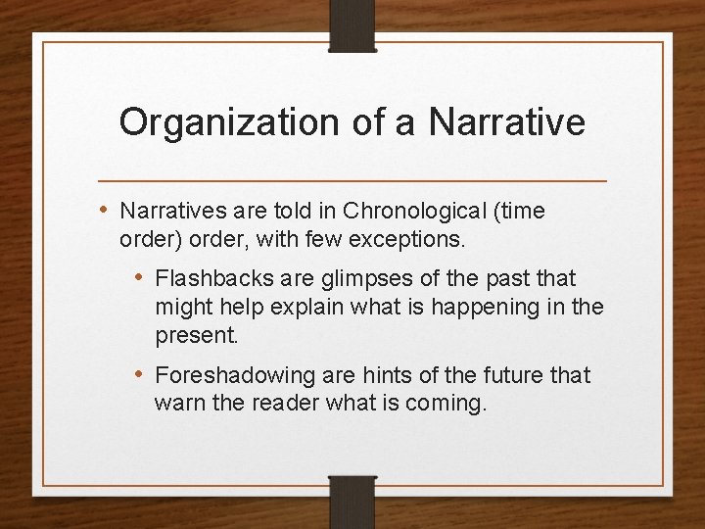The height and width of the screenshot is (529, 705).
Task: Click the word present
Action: coord(195,335)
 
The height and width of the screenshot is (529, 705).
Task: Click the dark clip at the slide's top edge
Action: coord(352,24)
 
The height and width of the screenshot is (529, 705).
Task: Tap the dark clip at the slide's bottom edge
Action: coord(352,501)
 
